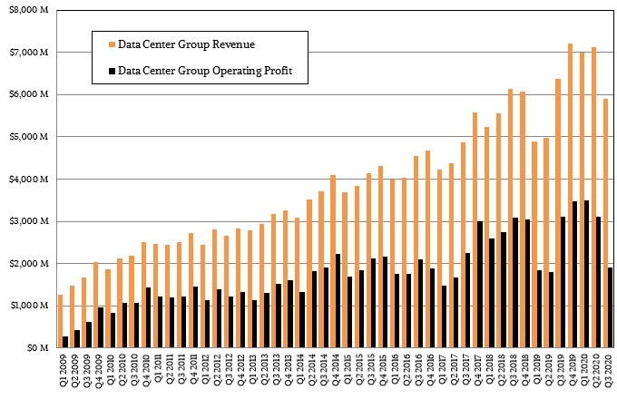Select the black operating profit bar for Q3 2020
[611, 307]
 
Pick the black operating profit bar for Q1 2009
[65, 342]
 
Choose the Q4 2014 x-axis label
[335, 373]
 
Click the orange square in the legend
[112, 43]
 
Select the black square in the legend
[112, 69]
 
